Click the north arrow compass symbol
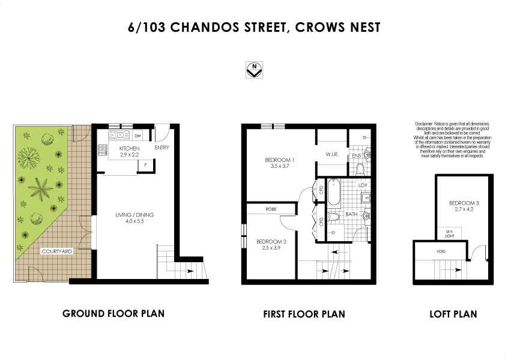coord(255,69)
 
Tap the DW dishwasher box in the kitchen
coord(138,136)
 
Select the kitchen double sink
coord(115,135)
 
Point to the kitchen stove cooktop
coord(103,149)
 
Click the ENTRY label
coord(162,148)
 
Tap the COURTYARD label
coord(57,252)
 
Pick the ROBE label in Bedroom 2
coord(270,209)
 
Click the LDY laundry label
coord(362,185)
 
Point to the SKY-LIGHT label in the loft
coord(450,232)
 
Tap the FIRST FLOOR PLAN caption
coord(304,314)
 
